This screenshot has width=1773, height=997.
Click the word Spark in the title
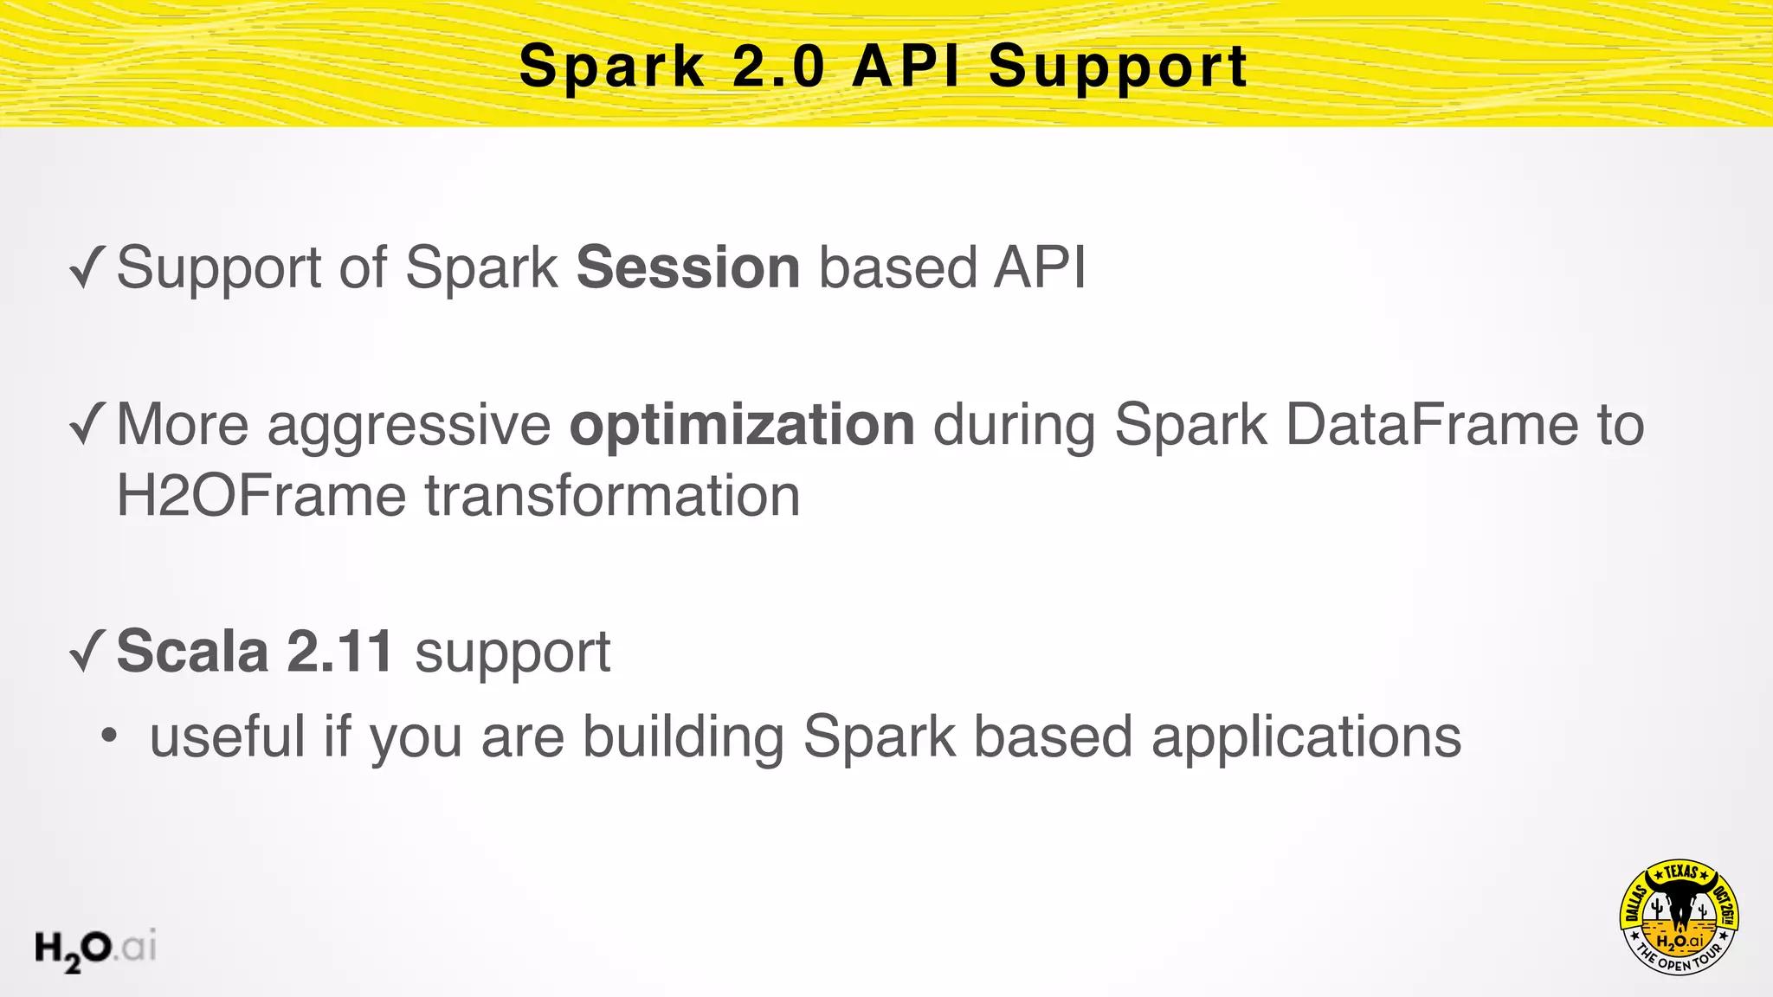[612, 67]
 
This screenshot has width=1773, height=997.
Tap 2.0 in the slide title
[778, 67]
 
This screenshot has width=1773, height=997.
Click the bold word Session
[687, 267]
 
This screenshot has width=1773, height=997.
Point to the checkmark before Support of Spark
[87, 267]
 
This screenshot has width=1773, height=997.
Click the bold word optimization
[742, 425]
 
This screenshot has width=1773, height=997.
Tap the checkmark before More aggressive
[87, 425]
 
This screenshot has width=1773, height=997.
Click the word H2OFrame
[261, 496]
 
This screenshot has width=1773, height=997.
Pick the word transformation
[612, 496]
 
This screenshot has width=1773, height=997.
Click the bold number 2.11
[339, 651]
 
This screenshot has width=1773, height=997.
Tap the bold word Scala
[192, 651]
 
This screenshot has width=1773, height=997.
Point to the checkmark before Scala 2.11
[87, 651]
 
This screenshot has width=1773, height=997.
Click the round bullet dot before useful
[108, 737]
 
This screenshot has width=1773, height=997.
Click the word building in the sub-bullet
[683, 737]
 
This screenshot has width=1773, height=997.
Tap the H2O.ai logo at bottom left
[95, 949]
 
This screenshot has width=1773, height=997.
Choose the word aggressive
[409, 427]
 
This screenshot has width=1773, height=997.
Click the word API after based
[1039, 267]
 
